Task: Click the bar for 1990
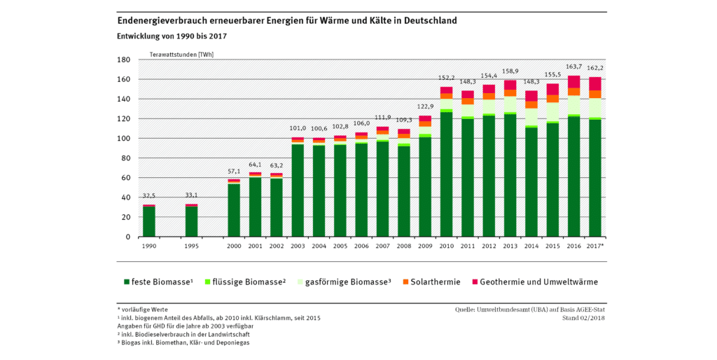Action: pyautogui.click(x=148, y=221)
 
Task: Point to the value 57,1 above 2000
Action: pyautogui.click(x=233, y=172)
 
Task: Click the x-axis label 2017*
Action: pyautogui.click(x=596, y=247)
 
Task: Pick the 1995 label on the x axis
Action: pyautogui.click(x=191, y=247)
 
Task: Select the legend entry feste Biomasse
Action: pyautogui.click(x=158, y=282)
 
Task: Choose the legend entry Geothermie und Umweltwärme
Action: pyautogui.click(x=533, y=282)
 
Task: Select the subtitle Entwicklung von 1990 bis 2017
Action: pyautogui.click(x=172, y=36)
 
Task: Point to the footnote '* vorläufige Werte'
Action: pyautogui.click(x=143, y=309)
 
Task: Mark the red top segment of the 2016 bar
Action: pyautogui.click(x=574, y=81)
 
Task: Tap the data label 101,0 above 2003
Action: pyautogui.click(x=297, y=128)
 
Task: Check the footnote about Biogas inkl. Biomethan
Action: pyautogui.click(x=186, y=343)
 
